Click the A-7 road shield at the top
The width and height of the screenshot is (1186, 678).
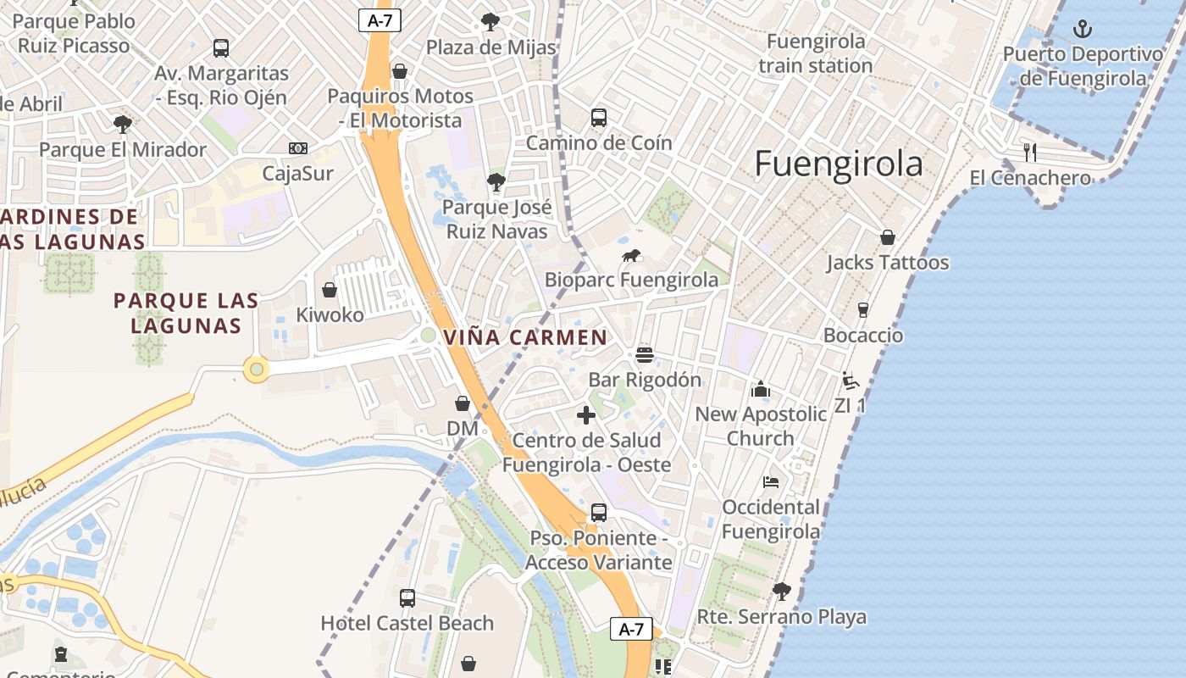(x=380, y=20)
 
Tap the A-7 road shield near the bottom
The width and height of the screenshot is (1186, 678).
(x=631, y=629)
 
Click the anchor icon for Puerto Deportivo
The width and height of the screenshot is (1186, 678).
(x=1082, y=30)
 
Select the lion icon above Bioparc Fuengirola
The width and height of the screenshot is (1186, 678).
(x=631, y=255)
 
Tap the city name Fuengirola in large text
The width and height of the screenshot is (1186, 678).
(x=838, y=164)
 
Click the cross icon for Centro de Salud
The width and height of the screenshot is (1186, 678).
(x=585, y=415)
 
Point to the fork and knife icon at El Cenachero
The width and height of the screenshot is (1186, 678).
(x=1030, y=153)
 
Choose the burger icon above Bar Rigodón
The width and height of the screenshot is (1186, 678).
(x=644, y=354)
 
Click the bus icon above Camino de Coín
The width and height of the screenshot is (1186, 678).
(x=599, y=118)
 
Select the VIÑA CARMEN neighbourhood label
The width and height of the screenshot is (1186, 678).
(x=525, y=337)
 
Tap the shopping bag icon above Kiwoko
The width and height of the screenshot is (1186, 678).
(x=330, y=290)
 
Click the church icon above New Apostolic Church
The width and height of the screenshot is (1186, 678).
(x=760, y=389)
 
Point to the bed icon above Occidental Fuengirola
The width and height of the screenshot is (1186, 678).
(x=770, y=482)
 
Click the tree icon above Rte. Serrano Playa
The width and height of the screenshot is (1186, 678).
(x=781, y=591)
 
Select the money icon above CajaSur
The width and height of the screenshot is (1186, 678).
(x=297, y=148)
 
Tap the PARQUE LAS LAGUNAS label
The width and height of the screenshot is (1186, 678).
(x=186, y=313)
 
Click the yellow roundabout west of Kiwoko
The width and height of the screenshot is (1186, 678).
(x=257, y=370)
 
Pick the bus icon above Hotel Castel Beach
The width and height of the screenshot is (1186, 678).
(x=407, y=597)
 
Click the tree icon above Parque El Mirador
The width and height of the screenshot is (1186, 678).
(x=123, y=125)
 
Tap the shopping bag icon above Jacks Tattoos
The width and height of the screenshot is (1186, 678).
(x=887, y=237)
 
